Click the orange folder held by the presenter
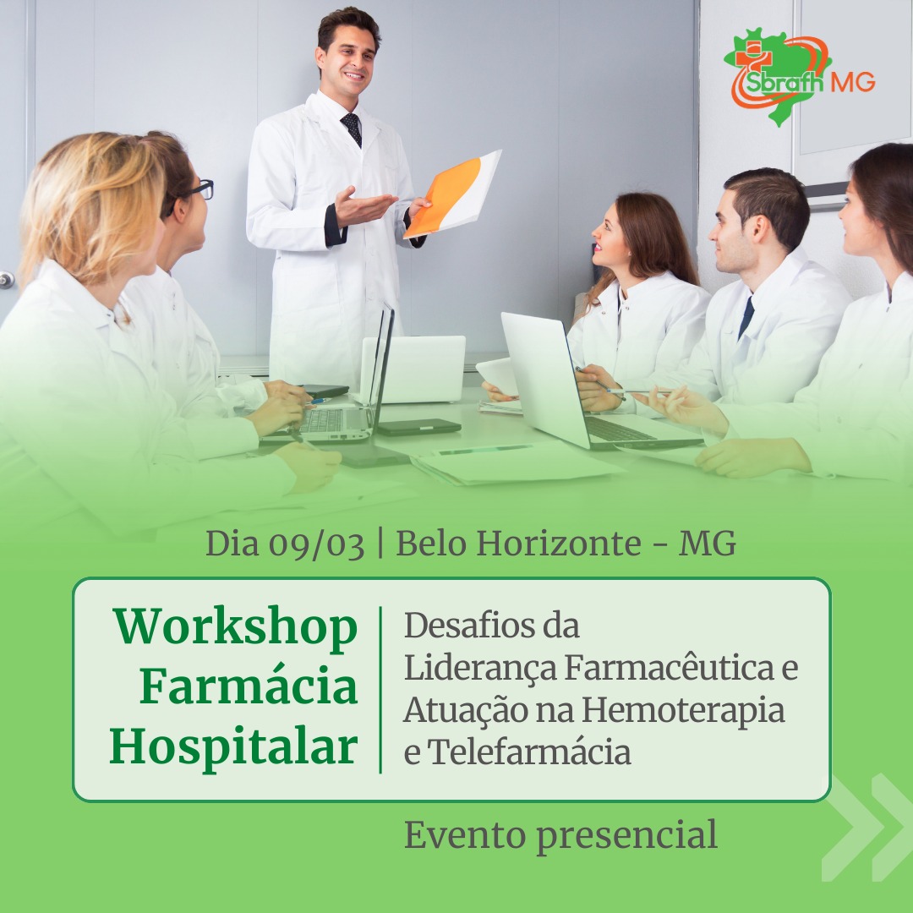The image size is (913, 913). [452, 194]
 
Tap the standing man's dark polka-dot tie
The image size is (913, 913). [352, 128]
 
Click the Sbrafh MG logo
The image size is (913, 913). [798, 76]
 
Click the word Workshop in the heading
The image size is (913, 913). [235, 628]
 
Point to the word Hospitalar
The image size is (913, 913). [233, 747]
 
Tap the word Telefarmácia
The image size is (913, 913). [529, 752]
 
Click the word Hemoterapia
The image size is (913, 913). [683, 711]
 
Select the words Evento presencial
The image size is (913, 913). [560, 836]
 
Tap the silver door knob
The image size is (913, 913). [7, 280]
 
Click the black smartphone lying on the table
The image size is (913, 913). [418, 427]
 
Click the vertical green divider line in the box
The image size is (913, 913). [380, 690]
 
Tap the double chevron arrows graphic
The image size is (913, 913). [867, 827]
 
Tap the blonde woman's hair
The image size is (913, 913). [87, 207]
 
